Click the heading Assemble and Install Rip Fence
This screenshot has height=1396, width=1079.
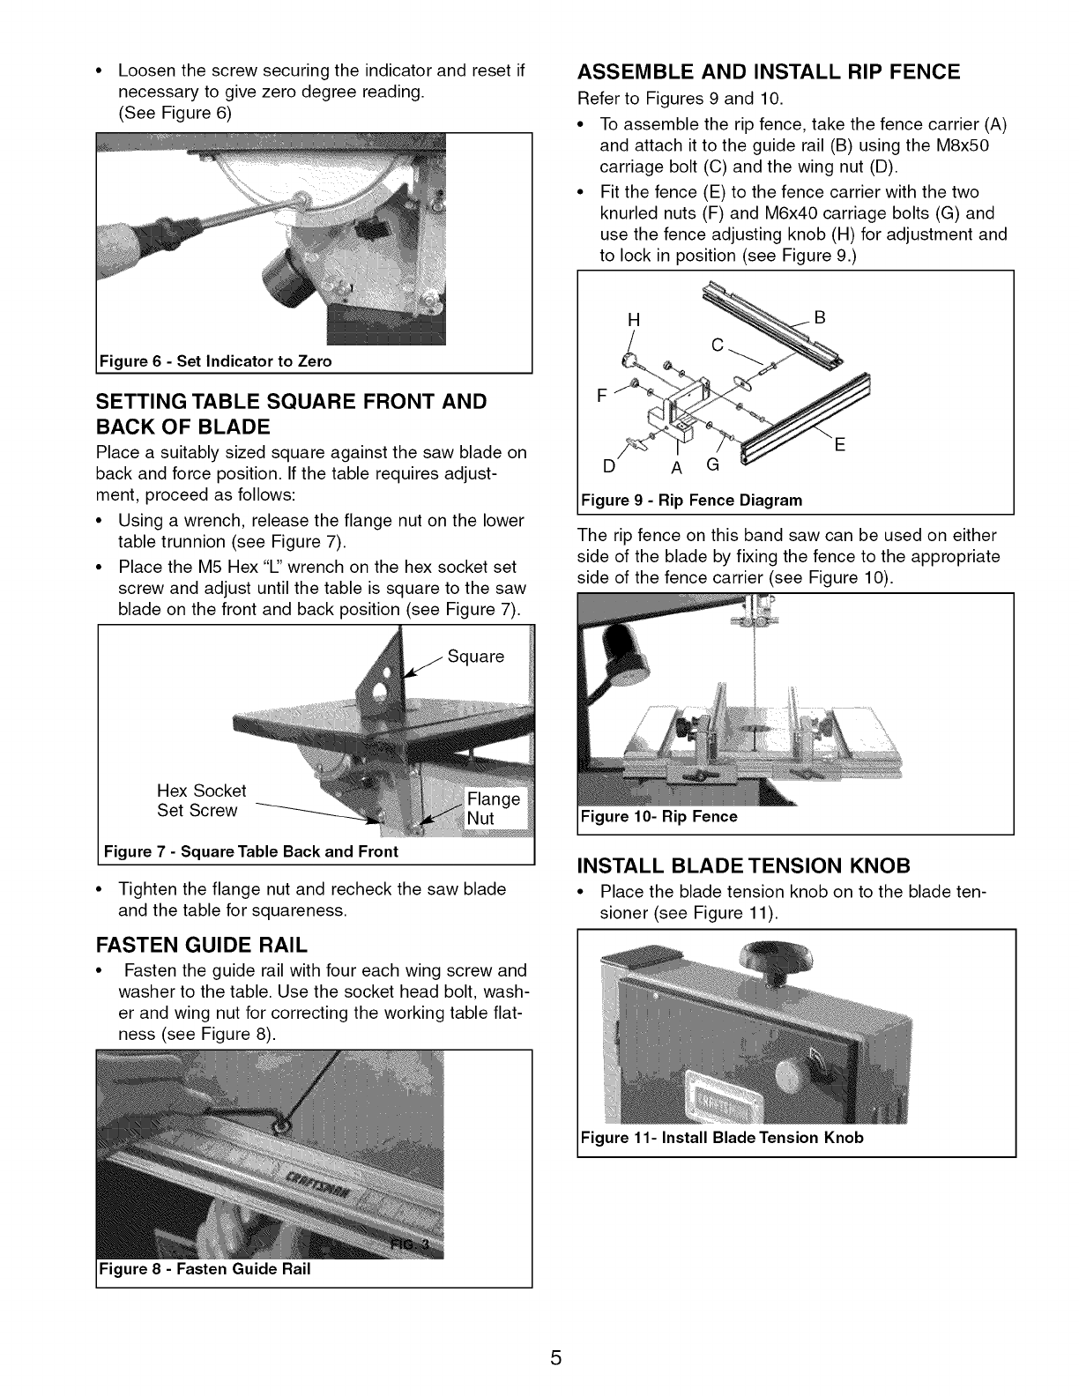tap(768, 72)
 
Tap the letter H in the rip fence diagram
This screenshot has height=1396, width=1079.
tap(631, 321)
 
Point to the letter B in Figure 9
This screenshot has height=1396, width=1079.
tap(819, 317)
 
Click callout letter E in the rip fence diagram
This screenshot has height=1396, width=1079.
tap(839, 446)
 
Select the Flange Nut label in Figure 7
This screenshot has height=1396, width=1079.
tap(494, 808)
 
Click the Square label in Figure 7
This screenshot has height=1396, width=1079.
tap(476, 657)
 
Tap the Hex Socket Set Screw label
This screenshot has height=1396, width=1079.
tap(201, 800)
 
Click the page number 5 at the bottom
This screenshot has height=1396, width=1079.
tap(555, 1358)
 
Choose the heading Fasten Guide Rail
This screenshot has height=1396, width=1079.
tap(202, 946)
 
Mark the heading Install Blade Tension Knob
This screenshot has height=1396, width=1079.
tap(743, 864)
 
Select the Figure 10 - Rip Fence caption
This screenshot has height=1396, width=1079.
tap(659, 817)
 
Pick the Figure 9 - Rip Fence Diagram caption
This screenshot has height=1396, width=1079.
tap(691, 501)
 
